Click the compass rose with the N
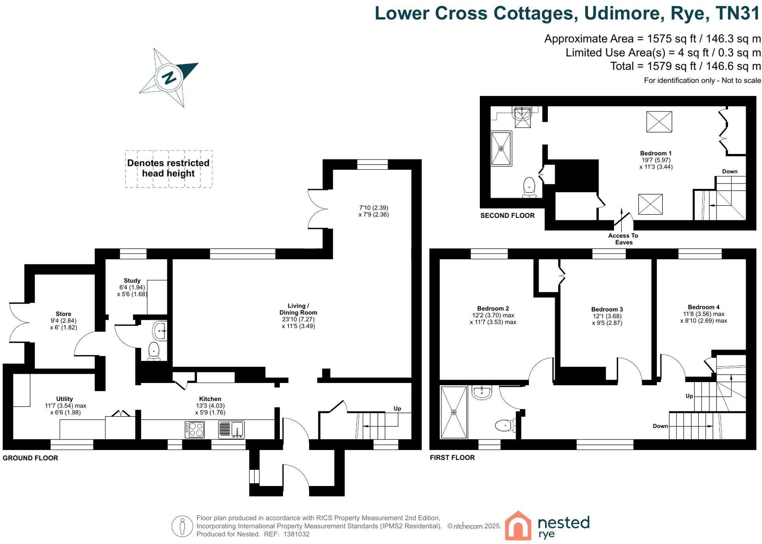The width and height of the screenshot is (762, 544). point(169,77)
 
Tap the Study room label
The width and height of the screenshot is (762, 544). point(132,281)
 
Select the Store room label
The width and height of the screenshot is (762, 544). point(63,314)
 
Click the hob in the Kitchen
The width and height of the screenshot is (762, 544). point(194,430)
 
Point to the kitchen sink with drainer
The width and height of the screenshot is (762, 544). point(231,430)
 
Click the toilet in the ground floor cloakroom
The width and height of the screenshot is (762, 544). point(153,351)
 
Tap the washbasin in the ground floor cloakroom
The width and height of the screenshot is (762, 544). point(160,331)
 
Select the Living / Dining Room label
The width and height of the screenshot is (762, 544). point(298,309)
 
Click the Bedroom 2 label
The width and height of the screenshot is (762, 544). point(493,308)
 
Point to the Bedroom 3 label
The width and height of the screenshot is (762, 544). point(607,310)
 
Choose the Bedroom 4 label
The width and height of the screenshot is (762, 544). point(704,307)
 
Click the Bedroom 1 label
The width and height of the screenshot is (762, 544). point(656,153)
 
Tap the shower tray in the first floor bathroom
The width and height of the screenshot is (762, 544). point(454,413)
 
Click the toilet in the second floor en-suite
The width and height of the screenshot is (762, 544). point(529,187)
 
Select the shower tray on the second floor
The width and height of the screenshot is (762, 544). point(501,148)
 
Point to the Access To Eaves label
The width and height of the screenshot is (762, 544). point(623,239)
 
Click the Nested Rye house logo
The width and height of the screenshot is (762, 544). point(518,525)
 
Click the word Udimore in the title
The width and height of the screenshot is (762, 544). point(622,13)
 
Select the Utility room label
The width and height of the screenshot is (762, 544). point(64,399)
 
